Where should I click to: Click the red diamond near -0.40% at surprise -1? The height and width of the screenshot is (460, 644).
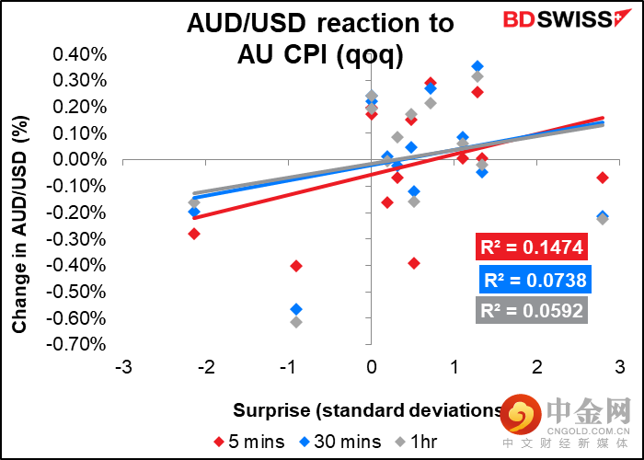pyautogui.click(x=296, y=266)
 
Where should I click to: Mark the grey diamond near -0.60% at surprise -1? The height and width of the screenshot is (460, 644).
pyautogui.click(x=296, y=322)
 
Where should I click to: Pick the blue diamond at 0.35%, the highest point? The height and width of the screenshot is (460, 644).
pyautogui.click(x=477, y=66)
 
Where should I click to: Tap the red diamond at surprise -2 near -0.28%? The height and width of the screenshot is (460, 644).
pyautogui.click(x=194, y=234)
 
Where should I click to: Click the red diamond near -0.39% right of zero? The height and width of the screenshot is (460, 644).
pyautogui.click(x=414, y=263)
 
